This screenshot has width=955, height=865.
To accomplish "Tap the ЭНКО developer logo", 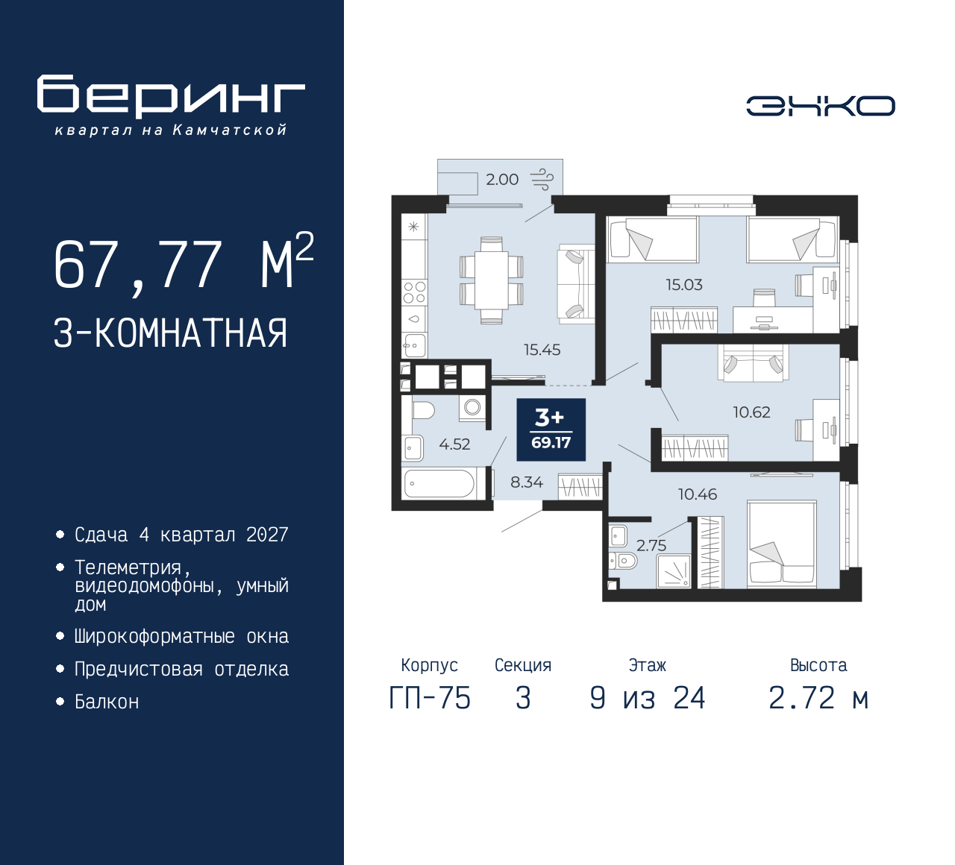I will click(x=820, y=106).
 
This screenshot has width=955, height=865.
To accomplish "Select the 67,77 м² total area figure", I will click(x=183, y=264).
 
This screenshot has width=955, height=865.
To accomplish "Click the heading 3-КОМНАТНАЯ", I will click(x=171, y=333).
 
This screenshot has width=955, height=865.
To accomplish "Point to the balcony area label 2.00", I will click(x=501, y=180).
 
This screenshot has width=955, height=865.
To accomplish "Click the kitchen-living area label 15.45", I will click(x=542, y=350).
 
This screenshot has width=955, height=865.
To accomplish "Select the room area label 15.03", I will click(x=683, y=285).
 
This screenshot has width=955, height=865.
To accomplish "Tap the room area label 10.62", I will click(x=751, y=412).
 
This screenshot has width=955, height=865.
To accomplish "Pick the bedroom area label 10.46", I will click(x=697, y=494).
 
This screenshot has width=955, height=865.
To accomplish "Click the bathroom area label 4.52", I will click(x=454, y=444).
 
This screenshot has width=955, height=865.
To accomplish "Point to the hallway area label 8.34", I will click(x=526, y=482).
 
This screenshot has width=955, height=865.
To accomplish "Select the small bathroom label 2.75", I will click(x=651, y=545).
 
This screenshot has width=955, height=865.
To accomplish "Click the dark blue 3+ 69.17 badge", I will click(x=551, y=430).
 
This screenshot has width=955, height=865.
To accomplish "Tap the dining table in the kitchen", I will click(x=491, y=280).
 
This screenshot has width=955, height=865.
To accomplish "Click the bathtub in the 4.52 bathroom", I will click(x=439, y=484).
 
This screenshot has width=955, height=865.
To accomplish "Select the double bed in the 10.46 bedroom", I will click(x=782, y=543).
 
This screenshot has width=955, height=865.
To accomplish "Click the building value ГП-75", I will click(x=430, y=699).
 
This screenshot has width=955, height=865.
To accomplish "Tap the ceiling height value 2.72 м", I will click(x=818, y=699).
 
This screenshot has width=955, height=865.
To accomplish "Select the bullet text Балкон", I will click(x=107, y=702).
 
